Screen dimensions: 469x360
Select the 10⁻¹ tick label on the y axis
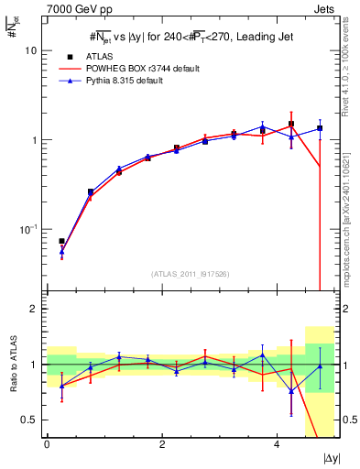coord(29,229)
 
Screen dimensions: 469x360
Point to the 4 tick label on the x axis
coord(277,444)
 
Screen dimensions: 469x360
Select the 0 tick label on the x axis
coord(47,444)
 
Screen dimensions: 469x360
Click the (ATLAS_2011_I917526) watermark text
coord(191,273)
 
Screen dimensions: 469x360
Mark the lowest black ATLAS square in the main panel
coord(61,241)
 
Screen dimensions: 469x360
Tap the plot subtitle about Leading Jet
coord(191,37)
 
